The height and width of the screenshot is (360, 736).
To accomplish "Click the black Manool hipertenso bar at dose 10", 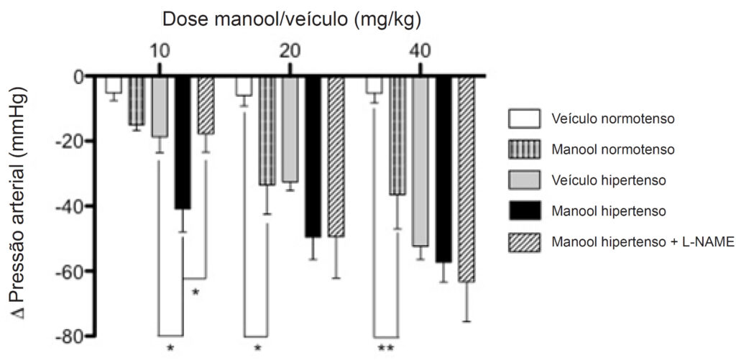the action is point(183,142).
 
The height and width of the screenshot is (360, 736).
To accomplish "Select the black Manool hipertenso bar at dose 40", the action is point(443,169).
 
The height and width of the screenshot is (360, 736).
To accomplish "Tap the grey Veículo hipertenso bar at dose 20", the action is point(290,129).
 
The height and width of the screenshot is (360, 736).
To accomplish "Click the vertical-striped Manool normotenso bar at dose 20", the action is point(267,131).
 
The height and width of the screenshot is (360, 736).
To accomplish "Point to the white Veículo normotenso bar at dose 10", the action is point(113,85).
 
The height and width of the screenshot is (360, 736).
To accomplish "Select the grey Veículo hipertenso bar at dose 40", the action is point(420,161).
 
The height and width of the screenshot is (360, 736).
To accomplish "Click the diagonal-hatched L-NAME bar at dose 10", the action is point(206,105).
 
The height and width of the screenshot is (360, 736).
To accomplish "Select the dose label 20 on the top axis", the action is point(290,51).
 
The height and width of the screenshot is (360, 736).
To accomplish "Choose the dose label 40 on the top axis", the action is point(420,51).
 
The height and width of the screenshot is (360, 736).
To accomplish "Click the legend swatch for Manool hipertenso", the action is point(524,211).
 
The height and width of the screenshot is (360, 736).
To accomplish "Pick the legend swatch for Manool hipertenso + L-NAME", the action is point(524,242).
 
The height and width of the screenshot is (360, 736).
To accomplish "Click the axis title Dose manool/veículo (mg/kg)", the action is point(291,20).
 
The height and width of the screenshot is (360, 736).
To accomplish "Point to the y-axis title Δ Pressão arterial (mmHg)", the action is point(19,203).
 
